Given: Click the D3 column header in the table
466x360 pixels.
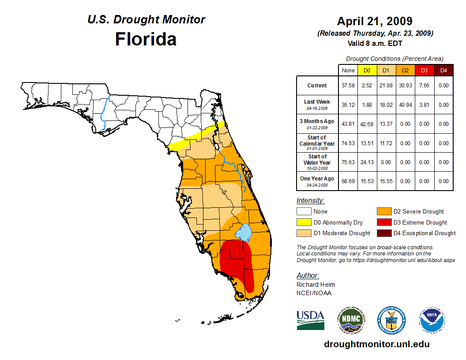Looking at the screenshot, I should [424, 70].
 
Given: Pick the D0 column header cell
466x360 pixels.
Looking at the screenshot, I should [367, 70].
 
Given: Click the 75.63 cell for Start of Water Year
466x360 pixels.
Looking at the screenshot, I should [348, 162].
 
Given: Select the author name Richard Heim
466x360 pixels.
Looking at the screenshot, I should [316, 285].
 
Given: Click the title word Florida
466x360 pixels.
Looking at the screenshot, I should [146, 39].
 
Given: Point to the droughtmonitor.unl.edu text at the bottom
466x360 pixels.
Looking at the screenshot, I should [376, 344].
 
